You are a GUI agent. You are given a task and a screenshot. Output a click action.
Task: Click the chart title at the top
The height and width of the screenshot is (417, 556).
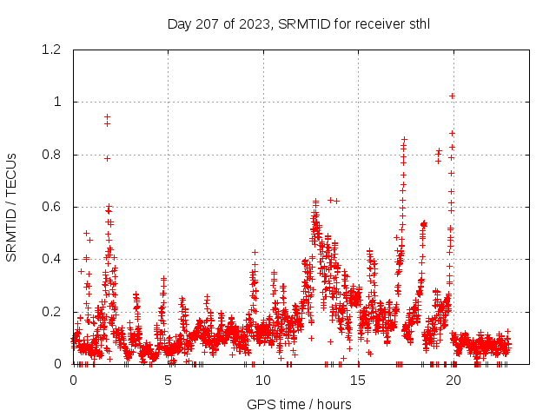click(x=299, y=23)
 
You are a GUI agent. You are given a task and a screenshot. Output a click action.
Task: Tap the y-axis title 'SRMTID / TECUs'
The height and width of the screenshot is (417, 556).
click(x=12, y=207)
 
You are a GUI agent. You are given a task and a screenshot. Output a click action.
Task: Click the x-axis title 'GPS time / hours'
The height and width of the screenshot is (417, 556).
click(x=299, y=404)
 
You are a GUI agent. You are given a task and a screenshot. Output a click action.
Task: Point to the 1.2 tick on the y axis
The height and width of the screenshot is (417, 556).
click(x=54, y=50)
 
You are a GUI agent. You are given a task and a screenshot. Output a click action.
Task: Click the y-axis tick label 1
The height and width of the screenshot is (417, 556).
click(x=58, y=102)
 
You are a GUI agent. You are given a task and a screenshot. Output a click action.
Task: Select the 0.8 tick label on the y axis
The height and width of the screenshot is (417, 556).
click(x=54, y=155)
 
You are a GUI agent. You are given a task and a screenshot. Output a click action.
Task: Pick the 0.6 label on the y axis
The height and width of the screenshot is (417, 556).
click(x=54, y=207)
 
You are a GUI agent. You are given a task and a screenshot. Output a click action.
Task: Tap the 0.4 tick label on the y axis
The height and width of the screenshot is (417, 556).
click(x=54, y=259)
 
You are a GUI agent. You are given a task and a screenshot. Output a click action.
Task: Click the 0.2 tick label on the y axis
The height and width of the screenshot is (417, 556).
click(x=54, y=312)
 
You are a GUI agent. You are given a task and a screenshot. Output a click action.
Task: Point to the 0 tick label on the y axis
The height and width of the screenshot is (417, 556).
click(x=58, y=364)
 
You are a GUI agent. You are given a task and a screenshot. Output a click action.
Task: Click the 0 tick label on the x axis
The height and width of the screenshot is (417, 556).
click(x=73, y=381)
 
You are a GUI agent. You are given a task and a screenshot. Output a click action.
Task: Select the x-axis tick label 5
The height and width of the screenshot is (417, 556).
click(x=169, y=381)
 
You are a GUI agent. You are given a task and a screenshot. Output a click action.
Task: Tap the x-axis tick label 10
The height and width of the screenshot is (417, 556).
click(x=263, y=381)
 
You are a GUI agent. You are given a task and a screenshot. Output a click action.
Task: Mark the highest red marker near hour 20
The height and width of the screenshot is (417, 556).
click(x=453, y=96)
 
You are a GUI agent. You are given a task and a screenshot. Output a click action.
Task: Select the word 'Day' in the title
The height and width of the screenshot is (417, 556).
click(x=179, y=23)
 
